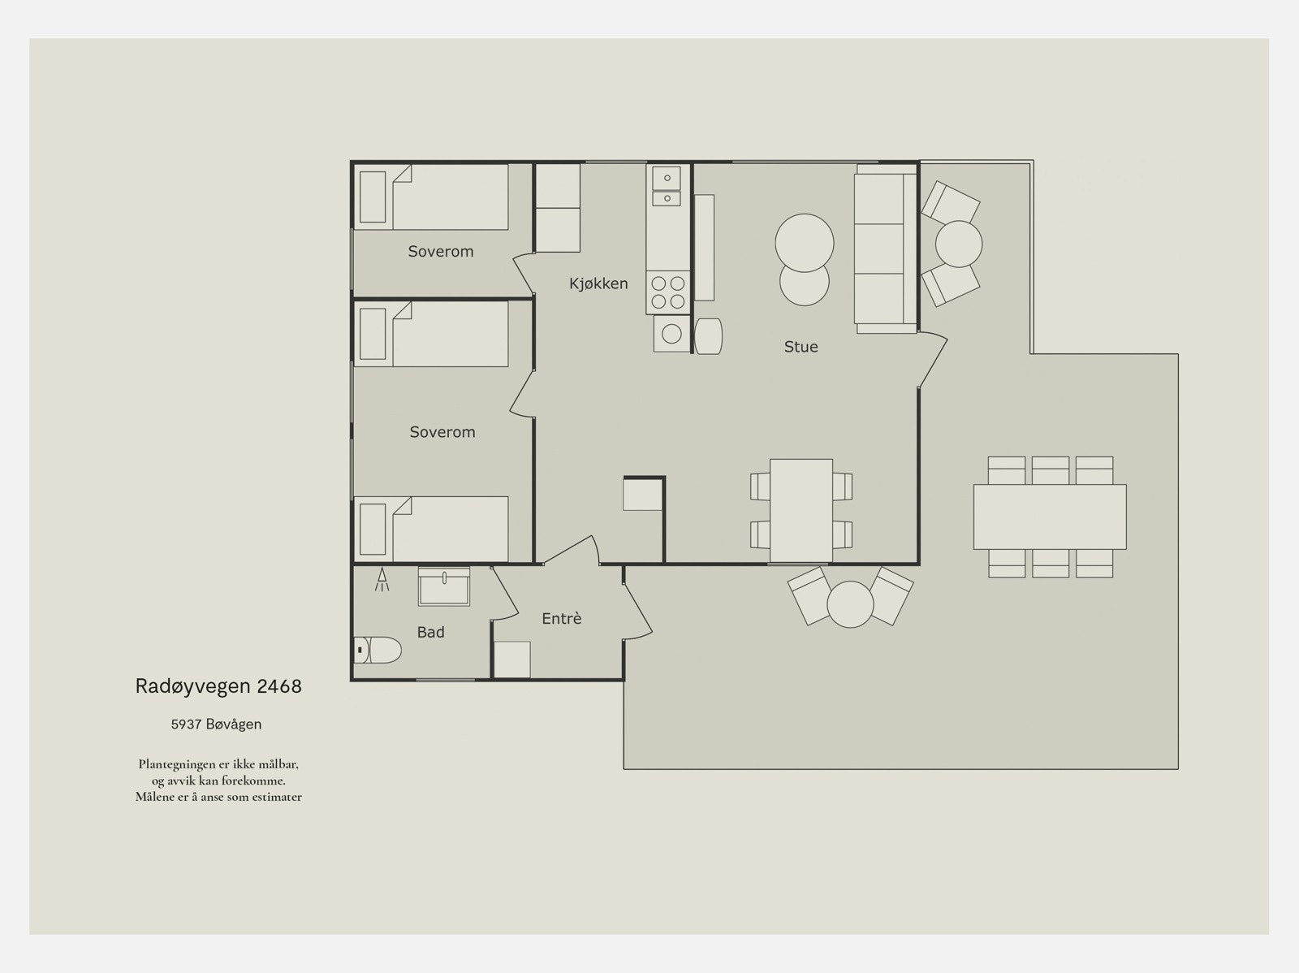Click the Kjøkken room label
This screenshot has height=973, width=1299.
coord(598,283)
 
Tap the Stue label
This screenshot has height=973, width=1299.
coord(801,347)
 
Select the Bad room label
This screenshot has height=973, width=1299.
coord(430,632)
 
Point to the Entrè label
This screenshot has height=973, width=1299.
coord(562,619)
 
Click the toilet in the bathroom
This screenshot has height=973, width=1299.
coord(377,650)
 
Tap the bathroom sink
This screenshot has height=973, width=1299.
coord(444,586)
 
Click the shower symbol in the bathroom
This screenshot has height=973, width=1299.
coord(382,579)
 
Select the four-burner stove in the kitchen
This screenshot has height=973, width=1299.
coord(668,292)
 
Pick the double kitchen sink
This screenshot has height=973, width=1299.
coord(667,186)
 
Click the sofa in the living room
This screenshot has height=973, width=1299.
coord(885,249)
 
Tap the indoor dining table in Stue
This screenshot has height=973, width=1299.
coord(801,510)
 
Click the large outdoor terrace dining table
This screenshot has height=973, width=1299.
coord(1050,517)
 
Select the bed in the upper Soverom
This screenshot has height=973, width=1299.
coord(431,197)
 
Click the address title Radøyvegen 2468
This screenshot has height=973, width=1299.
coord(218,686)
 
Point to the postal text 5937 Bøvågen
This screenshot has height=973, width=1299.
coord(216,724)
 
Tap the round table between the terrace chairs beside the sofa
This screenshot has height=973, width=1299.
coord(959,244)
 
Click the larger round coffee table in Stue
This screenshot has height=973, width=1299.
coord(805,243)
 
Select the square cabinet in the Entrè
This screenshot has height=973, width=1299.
coord(512,659)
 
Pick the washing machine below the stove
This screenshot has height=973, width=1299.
coord(671,333)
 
